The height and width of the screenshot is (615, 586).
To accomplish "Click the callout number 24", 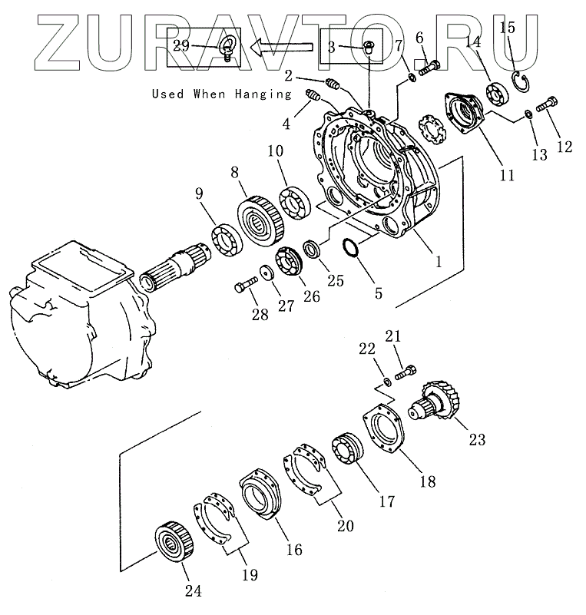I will click(x=193, y=590).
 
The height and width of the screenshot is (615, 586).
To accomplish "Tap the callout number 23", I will click(x=478, y=440).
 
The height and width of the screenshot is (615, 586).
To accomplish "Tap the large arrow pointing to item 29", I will click(x=279, y=48).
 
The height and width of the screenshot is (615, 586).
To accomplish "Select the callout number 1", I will click(x=438, y=261).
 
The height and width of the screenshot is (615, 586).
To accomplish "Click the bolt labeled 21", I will click(x=406, y=373).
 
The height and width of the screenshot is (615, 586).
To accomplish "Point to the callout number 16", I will click(x=294, y=550).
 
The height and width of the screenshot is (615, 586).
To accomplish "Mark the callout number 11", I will click(x=506, y=174).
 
